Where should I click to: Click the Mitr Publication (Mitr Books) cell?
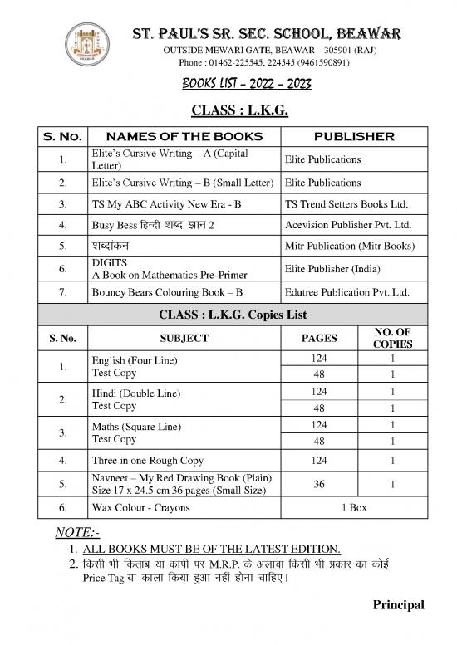(x=349, y=247)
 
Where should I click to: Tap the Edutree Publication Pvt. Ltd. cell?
(x=346, y=292)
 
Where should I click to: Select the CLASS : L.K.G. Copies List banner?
(x=228, y=314)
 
